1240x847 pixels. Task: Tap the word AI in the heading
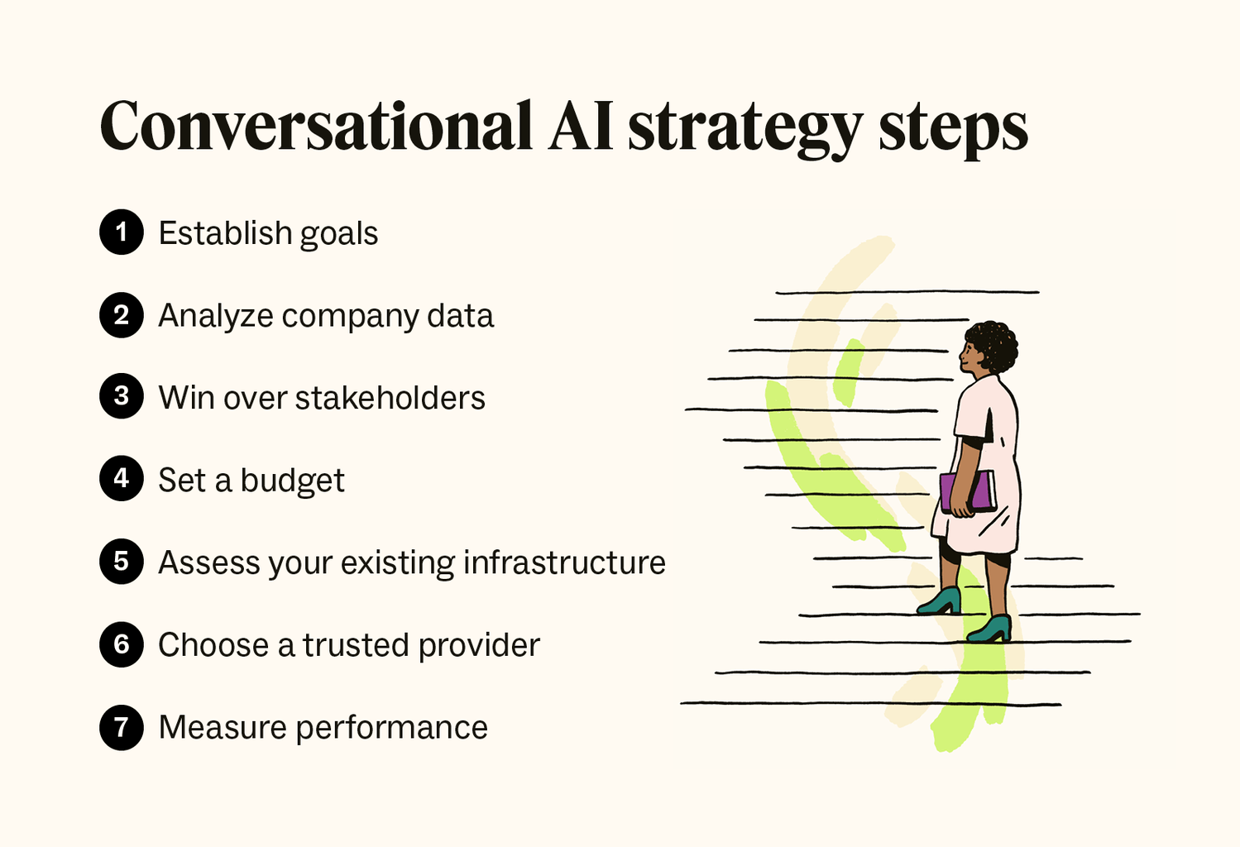[x=581, y=127]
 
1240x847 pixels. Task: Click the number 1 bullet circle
[x=122, y=232]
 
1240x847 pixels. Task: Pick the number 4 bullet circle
[x=122, y=479]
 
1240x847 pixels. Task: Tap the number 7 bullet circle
[x=122, y=727]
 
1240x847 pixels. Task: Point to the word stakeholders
[x=390, y=398]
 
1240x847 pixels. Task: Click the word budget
[x=292, y=481]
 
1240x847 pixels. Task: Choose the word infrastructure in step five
[x=564, y=562]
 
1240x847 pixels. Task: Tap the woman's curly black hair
[x=995, y=343]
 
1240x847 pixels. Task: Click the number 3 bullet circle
[x=122, y=396]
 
